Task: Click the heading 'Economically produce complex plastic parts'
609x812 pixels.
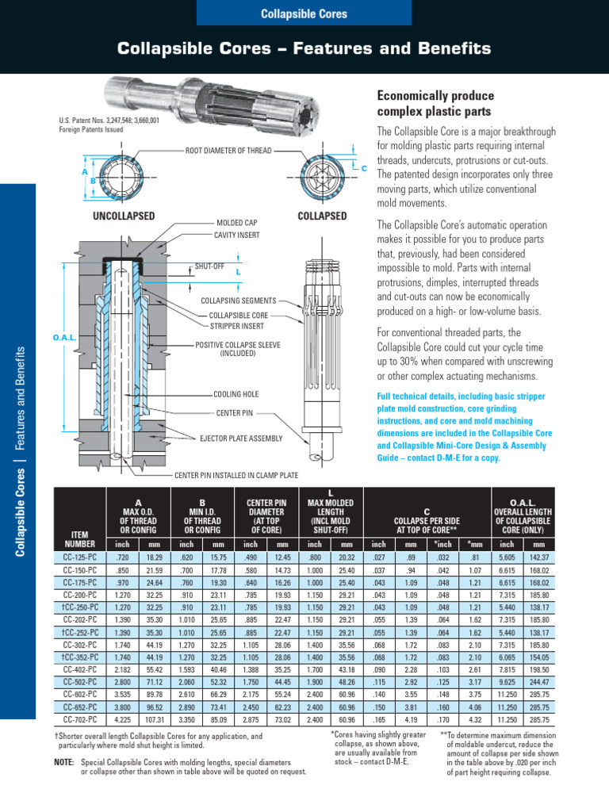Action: pos(435,103)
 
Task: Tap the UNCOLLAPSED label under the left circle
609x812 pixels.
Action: pos(123,216)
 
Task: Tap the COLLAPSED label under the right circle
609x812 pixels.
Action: pos(321,216)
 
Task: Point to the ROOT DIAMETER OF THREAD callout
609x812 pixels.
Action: pos(228,150)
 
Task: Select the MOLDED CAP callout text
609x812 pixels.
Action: pos(237,224)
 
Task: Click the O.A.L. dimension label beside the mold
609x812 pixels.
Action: pos(63,338)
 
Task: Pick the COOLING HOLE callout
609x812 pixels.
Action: pos(236,394)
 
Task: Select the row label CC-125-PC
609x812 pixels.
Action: pos(80,557)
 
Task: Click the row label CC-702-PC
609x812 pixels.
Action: pos(80,719)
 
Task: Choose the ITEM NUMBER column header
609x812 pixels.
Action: pos(80,539)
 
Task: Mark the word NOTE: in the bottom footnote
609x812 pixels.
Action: pos(63,761)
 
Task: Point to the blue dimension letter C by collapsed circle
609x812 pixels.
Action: pos(365,169)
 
